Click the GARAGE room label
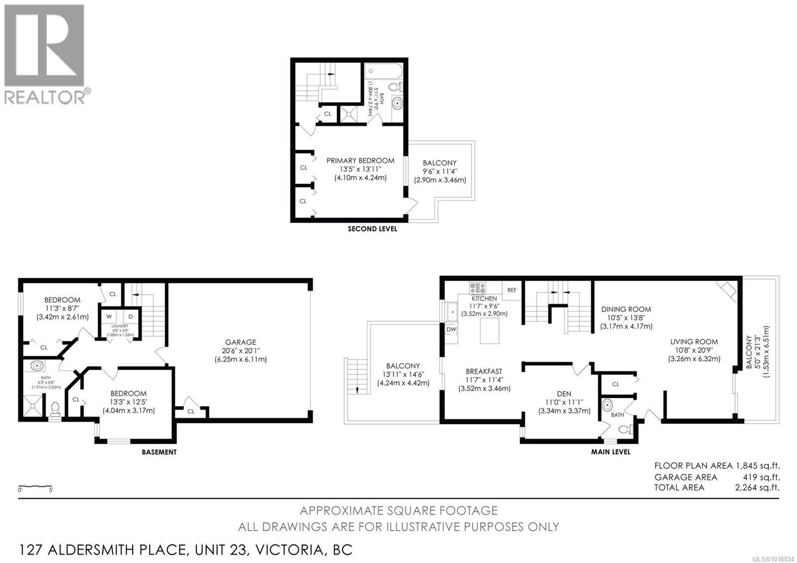click(241, 342)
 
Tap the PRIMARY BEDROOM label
click(360, 160)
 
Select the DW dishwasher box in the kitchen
click(451, 329)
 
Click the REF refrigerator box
click(512, 290)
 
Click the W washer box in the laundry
click(109, 316)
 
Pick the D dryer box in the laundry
click(131, 316)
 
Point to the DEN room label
click(564, 394)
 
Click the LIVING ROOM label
click(694, 342)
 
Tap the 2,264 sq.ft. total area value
click(757, 488)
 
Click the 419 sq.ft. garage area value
click(762, 477)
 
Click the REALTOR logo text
click(45, 97)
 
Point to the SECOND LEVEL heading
click(372, 229)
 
